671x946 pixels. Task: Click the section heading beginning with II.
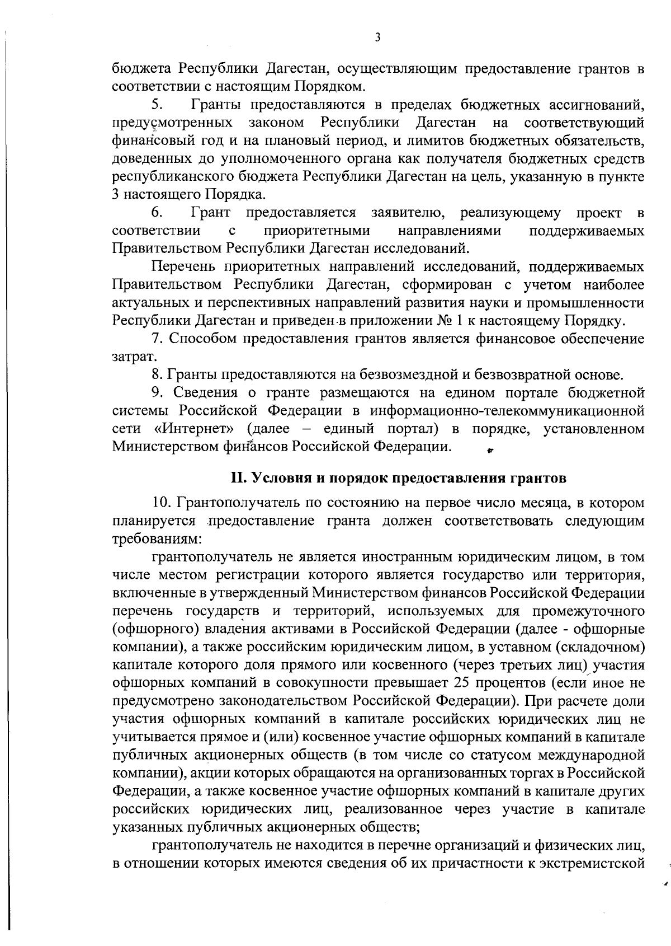tap(399, 479)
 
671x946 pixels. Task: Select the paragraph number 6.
tap(157, 213)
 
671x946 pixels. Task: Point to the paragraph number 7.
tap(157, 339)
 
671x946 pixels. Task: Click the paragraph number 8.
tap(157, 374)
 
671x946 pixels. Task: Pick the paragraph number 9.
tap(157, 392)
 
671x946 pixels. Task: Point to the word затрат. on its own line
tap(130, 357)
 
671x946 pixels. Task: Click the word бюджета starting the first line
tap(141, 69)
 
